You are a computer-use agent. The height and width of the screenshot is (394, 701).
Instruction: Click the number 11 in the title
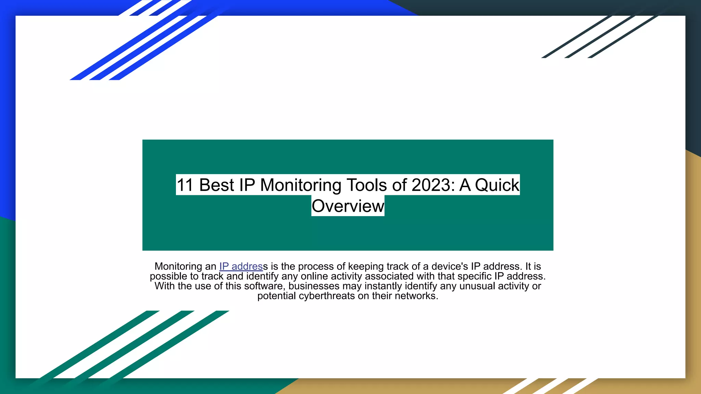tap(185, 185)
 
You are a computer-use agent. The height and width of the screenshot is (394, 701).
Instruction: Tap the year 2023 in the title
tap(431, 185)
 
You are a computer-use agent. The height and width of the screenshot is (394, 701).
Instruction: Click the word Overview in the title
tap(348, 206)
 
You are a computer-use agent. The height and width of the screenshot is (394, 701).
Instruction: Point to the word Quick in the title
tap(497, 185)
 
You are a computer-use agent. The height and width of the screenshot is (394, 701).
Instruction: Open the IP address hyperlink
tap(241, 266)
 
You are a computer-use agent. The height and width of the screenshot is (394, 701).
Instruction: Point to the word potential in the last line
tap(277, 296)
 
